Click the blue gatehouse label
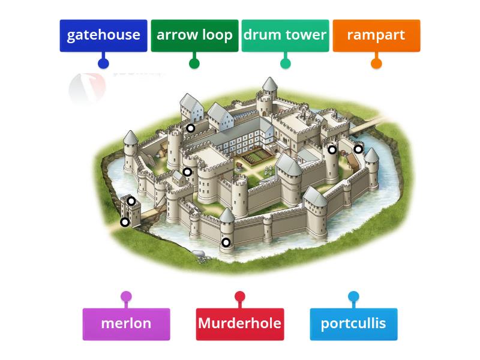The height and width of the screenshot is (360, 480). (x=103, y=35)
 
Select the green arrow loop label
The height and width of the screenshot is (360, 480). (x=194, y=35)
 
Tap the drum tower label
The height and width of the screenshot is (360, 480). (x=285, y=35)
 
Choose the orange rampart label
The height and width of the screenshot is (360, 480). (x=376, y=35)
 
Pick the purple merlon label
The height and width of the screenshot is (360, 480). (x=126, y=324)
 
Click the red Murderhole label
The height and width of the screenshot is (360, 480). (x=239, y=324)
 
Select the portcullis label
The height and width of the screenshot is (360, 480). (x=353, y=324)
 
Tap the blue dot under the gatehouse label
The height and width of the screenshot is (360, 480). (x=103, y=63)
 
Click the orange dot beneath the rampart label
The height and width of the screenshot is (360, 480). (x=376, y=63)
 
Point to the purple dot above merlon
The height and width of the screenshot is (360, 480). (x=126, y=296)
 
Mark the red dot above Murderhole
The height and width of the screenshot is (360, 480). (x=240, y=296)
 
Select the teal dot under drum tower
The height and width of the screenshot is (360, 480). (x=286, y=63)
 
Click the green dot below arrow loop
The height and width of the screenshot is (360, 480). (x=194, y=63)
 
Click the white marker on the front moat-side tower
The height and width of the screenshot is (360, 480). (x=226, y=242)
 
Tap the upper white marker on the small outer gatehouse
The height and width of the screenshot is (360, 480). (x=131, y=201)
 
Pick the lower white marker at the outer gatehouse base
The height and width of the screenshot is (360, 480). (x=125, y=222)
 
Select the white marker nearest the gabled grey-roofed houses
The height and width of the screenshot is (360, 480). (x=190, y=128)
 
